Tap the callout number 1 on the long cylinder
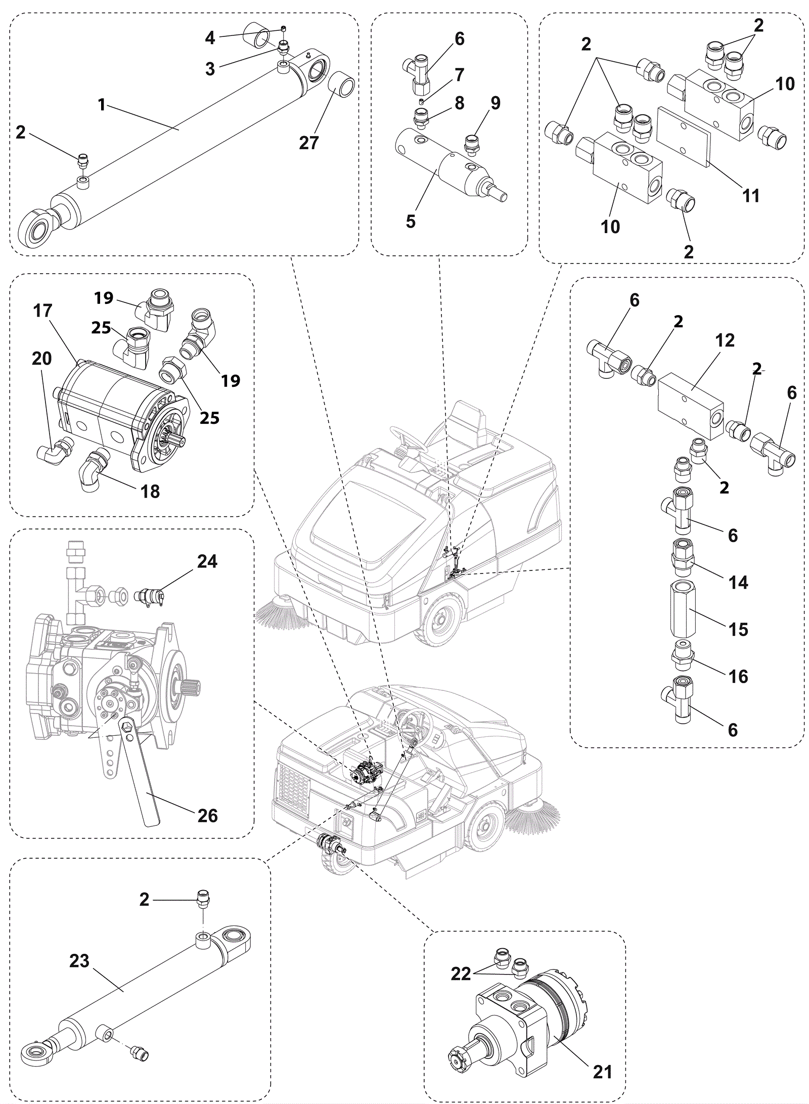pyautogui.click(x=102, y=105)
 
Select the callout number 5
pyautogui.click(x=411, y=221)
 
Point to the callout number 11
pyautogui.click(x=751, y=195)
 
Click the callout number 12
pyautogui.click(x=725, y=340)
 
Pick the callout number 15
pyautogui.click(x=738, y=629)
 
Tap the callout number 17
pyautogui.click(x=42, y=311)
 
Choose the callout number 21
pyautogui.click(x=602, y=1071)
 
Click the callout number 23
pyautogui.click(x=79, y=961)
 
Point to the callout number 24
pyautogui.click(x=207, y=561)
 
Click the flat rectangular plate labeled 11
pyautogui.click(x=683, y=135)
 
